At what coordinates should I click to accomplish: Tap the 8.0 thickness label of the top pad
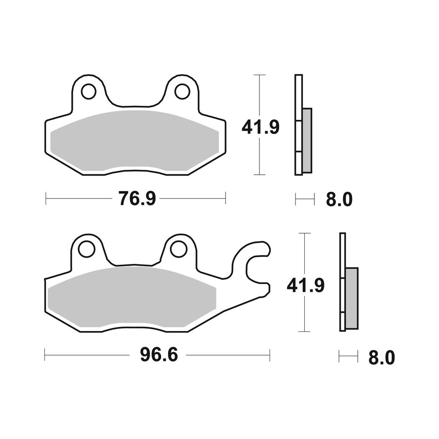339,200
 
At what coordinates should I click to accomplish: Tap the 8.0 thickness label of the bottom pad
381,357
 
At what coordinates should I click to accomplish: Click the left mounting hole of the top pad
88,91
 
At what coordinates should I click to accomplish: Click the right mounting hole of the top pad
182,91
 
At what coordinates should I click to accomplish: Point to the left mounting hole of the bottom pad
86,249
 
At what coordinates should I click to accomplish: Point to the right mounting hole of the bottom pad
179,249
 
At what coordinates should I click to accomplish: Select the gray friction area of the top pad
134,140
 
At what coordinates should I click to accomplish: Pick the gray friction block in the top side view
307,140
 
